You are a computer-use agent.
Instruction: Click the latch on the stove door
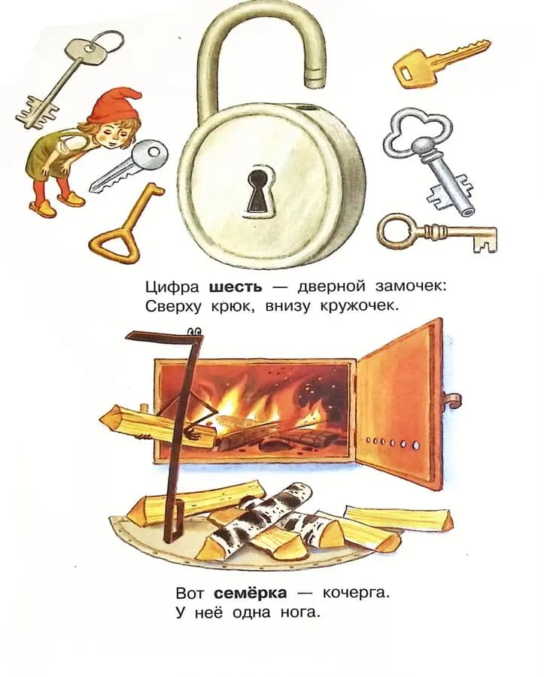(x=451, y=399)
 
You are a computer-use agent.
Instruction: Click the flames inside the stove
(x=248, y=406)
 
